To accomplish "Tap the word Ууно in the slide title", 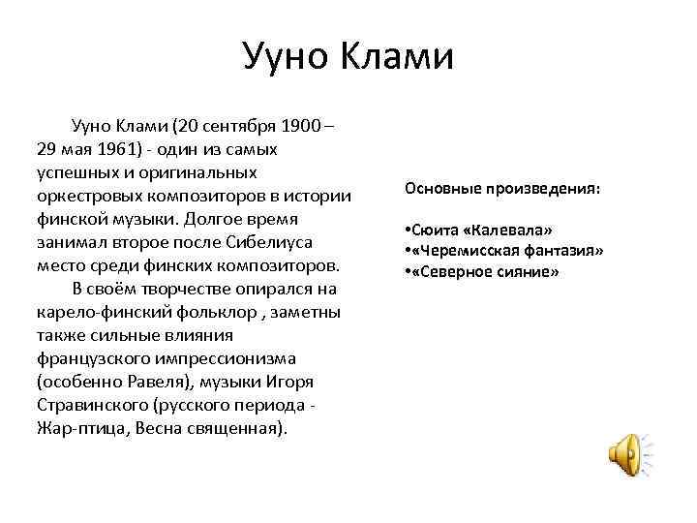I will click(x=283, y=56).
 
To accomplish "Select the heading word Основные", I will click(x=446, y=188).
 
